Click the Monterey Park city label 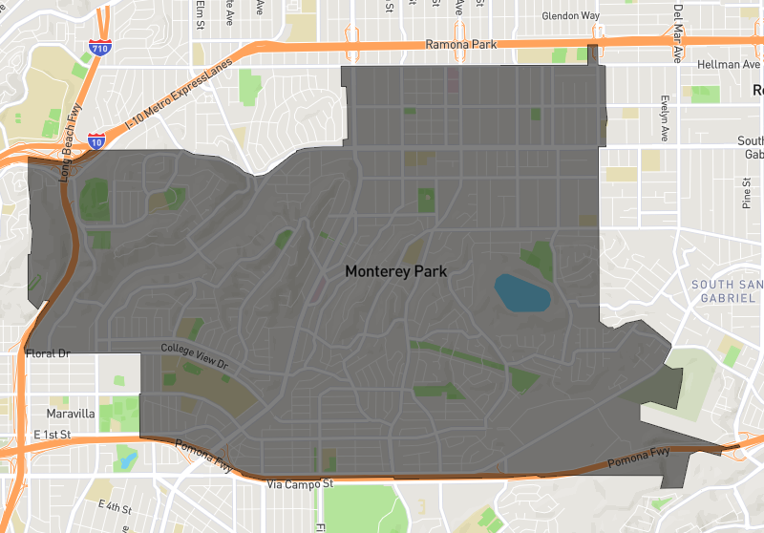tap(395, 271)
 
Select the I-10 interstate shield tap(96, 140)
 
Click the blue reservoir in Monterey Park tap(521, 292)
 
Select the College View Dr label tap(195, 357)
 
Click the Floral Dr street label tap(45, 353)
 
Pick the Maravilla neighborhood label tap(71, 414)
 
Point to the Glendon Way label tap(571, 16)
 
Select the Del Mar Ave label tap(677, 33)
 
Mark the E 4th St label tap(115, 505)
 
